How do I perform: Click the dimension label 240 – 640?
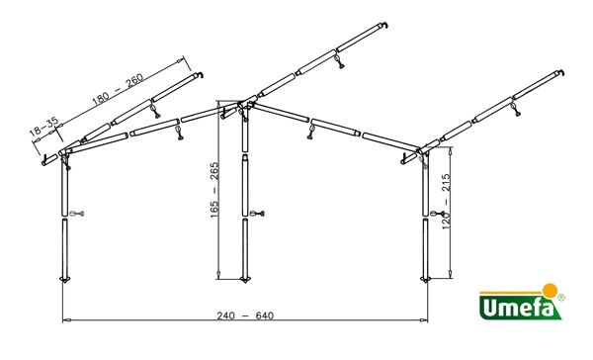(245, 315)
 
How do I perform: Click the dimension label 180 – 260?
(118, 89)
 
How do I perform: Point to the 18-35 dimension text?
(44, 127)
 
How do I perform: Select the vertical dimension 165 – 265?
(214, 190)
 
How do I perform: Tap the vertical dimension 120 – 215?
(447, 202)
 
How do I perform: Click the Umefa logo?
(522, 302)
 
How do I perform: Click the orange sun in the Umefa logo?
(551, 291)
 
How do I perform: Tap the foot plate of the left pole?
(65, 280)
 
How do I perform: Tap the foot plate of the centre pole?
(245, 280)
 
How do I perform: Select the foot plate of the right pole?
(426, 280)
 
